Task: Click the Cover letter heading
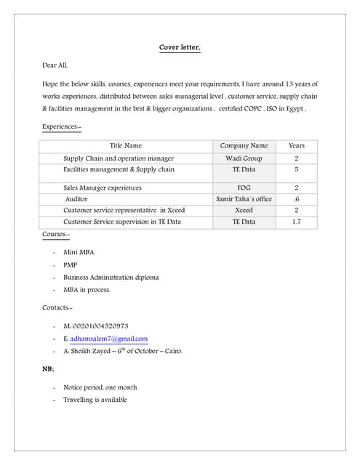[x=180, y=48]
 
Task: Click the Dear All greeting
[x=55, y=65]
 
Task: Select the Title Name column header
[x=126, y=145]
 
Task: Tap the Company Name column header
[x=244, y=145]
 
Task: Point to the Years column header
[x=297, y=145]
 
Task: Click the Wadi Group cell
[x=244, y=158]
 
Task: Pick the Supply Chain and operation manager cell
[x=119, y=158]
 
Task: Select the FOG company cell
[x=244, y=187]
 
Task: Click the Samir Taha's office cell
[x=244, y=199]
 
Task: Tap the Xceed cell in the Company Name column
[x=244, y=210]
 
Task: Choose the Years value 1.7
[x=297, y=222]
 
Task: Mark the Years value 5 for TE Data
[x=297, y=169]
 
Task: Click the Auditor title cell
[x=76, y=199]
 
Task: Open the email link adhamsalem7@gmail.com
[x=109, y=339]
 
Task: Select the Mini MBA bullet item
[x=79, y=252]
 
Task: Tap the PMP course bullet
[x=70, y=265]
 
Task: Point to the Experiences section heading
[x=62, y=127]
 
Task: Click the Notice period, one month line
[x=100, y=387]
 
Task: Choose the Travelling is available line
[x=95, y=400]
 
